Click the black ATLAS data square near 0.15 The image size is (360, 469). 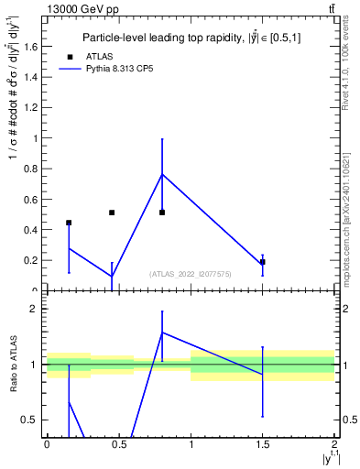69,223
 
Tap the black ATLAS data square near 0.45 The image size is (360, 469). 112,213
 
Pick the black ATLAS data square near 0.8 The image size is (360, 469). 162,213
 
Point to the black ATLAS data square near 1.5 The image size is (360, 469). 263,262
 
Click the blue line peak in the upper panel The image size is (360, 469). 162,174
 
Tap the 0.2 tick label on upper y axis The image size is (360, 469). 33,260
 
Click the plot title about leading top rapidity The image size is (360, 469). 191,38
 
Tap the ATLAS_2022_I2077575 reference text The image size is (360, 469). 191,274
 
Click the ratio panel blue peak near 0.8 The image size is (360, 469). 162,333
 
